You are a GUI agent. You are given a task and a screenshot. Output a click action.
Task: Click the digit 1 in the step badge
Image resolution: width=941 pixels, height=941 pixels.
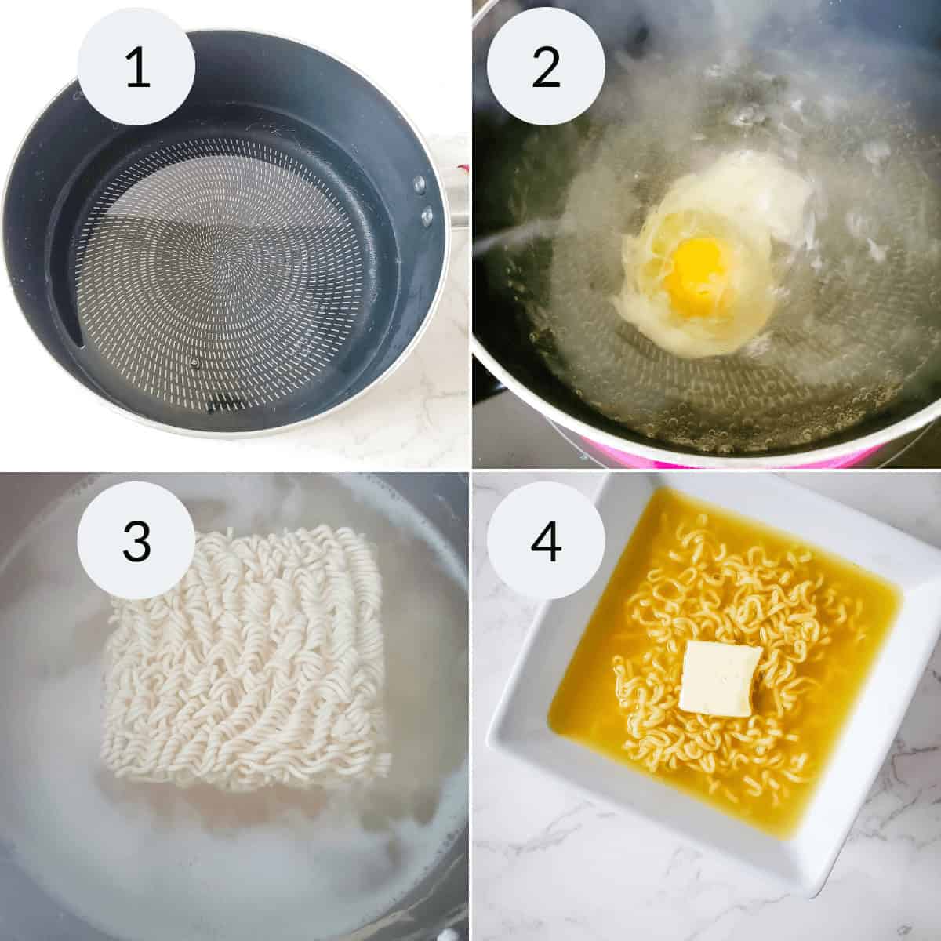137,68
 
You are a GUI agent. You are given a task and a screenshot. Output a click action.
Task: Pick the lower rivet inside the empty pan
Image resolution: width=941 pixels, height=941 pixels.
427,213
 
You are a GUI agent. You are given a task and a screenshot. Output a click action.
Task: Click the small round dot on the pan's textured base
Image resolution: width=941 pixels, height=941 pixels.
194,362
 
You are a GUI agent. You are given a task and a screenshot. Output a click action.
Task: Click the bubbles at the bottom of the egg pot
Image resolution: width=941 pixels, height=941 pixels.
690,408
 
